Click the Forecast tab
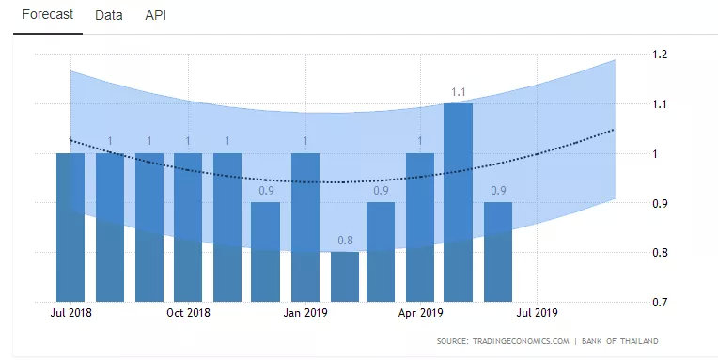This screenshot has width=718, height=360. click(48, 15)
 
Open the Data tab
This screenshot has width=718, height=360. click(108, 15)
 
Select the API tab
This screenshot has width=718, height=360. click(156, 15)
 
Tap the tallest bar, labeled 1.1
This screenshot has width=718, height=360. click(458, 202)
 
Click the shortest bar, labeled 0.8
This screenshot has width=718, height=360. click(345, 276)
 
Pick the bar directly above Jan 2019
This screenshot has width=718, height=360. click(305, 227)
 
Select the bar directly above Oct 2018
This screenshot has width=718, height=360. click(188, 227)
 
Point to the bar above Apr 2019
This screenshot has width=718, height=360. click(420, 227)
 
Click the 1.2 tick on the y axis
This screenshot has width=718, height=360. click(660, 54)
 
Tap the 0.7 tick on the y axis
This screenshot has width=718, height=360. click(660, 302)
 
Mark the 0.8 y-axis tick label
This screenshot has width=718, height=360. click(660, 252)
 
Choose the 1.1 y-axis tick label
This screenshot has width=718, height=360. click(660, 104)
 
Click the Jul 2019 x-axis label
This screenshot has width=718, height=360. click(537, 313)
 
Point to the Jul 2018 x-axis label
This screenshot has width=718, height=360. click(70, 313)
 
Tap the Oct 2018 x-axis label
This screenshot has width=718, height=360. click(188, 313)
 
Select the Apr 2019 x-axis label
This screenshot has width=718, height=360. click(420, 313)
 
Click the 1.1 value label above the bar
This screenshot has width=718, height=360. click(458, 92)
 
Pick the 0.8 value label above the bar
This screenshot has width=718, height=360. click(345, 241)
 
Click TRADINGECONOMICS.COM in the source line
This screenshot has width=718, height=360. click(521, 341)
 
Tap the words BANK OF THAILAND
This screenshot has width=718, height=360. click(620, 341)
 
